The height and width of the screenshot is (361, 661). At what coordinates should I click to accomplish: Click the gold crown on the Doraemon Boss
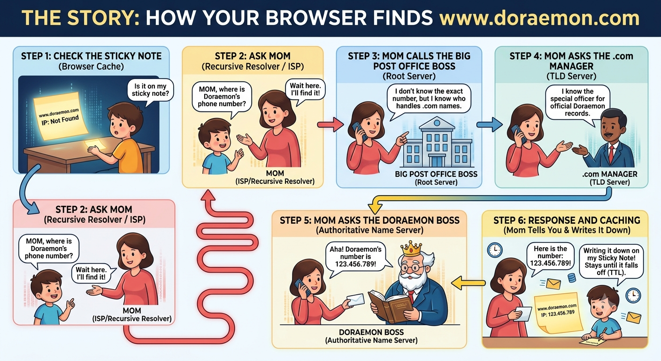pos(411,249)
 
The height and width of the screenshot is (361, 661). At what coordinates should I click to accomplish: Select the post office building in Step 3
pos(437,143)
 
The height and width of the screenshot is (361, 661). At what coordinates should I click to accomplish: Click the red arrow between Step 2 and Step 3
pos(330,125)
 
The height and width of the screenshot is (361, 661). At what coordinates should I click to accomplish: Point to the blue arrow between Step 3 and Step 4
pos(489,125)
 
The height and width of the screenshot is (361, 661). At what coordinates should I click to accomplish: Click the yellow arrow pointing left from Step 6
pos(468,283)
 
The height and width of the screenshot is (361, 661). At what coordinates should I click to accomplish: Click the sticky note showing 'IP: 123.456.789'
pos(558,313)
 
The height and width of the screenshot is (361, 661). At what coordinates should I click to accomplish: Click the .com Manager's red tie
pos(611,153)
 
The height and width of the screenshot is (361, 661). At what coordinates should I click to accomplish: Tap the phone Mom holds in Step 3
pos(359,131)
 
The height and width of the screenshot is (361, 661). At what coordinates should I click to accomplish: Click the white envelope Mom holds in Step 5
pos(356,299)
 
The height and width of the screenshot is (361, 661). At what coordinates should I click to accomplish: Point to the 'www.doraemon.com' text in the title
pos(539,18)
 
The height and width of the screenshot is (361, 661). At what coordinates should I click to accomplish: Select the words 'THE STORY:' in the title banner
pos(80,18)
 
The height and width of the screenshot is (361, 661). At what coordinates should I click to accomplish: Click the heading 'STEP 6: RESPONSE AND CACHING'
pos(567,220)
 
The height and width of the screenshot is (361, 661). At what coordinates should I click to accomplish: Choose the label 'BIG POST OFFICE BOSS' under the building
pos(436,174)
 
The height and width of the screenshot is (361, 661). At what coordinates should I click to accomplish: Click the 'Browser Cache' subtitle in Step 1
pos(91,66)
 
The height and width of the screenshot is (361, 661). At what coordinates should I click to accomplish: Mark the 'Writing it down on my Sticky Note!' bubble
pos(611,262)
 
